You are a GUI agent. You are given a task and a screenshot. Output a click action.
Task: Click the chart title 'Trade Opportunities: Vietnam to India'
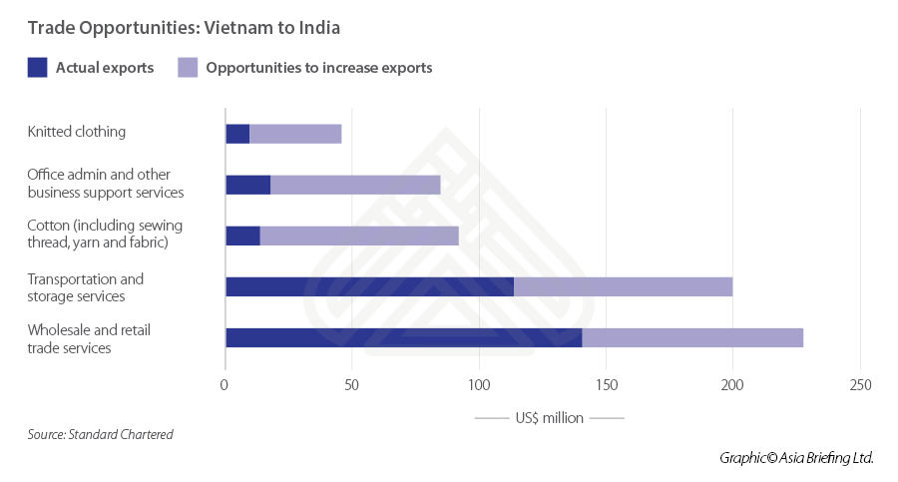click(x=184, y=28)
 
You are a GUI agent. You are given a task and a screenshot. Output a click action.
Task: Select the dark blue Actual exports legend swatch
click(x=38, y=68)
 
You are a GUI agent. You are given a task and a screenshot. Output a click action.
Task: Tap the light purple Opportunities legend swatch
click(x=188, y=68)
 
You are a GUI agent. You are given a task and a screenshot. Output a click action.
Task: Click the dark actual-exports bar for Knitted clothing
click(x=237, y=134)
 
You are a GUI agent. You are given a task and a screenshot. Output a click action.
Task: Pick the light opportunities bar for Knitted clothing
click(x=295, y=134)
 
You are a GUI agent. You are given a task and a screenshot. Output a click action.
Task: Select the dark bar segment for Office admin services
click(x=248, y=185)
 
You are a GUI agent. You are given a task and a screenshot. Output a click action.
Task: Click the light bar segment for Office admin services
click(x=355, y=185)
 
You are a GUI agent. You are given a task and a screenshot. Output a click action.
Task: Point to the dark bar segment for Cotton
click(x=242, y=236)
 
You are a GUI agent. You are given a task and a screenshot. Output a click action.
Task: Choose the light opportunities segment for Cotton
click(x=359, y=236)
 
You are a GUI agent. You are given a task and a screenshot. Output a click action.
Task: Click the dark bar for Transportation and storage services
click(x=369, y=286)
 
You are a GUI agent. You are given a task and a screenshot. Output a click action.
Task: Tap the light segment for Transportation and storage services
click(x=623, y=286)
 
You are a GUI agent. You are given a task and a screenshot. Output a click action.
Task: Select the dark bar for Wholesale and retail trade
click(x=403, y=337)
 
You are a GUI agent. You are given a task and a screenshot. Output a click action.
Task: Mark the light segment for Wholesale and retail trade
click(x=692, y=337)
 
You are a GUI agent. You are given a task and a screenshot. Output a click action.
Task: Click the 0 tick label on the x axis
click(x=225, y=385)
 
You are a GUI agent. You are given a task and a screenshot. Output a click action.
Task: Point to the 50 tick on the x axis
click(x=352, y=385)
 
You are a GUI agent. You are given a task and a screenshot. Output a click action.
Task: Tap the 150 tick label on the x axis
click(x=606, y=385)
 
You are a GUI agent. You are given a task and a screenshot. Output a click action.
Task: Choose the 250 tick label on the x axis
click(x=859, y=385)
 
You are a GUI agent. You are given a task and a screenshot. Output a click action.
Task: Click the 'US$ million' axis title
click(x=550, y=418)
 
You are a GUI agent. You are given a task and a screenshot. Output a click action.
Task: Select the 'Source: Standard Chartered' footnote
click(x=100, y=434)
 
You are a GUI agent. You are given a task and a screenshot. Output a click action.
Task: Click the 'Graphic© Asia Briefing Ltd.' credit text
click(x=796, y=457)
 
